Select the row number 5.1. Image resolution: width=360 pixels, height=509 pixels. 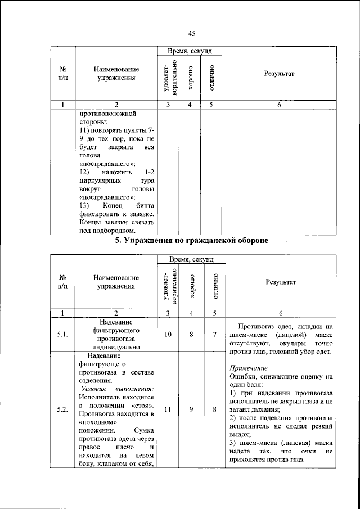62,335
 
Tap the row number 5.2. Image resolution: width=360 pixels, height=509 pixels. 62,409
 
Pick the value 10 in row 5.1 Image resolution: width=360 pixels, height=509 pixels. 168,335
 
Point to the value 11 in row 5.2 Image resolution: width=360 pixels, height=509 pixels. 168,409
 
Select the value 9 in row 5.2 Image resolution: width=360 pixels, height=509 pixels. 191,409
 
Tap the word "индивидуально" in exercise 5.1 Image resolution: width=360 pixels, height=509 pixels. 115,348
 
